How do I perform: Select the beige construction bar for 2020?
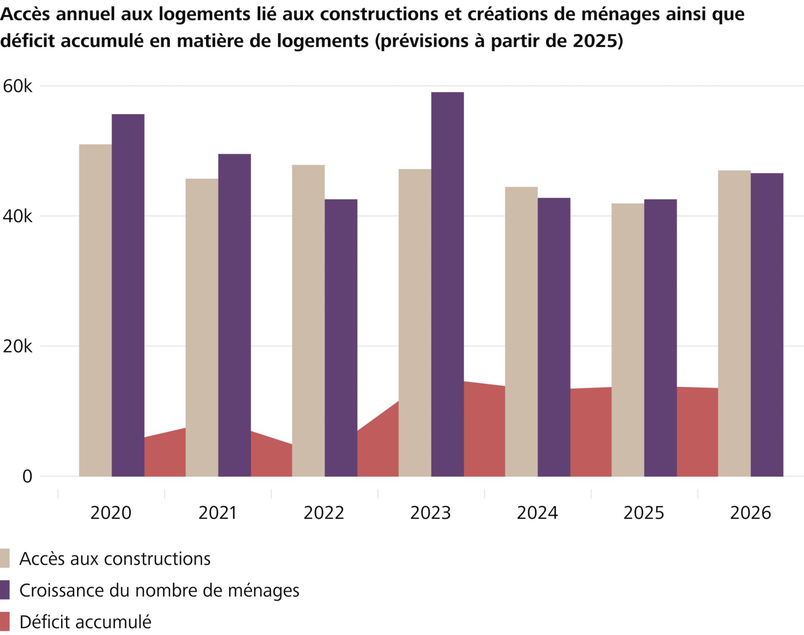(x=95, y=310)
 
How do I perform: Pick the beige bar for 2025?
(x=628, y=339)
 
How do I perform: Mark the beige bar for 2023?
(x=415, y=322)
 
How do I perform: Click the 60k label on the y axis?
(x=18, y=86)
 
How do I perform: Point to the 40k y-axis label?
(x=18, y=216)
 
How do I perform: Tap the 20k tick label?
(x=18, y=347)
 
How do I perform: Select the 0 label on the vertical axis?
(x=27, y=476)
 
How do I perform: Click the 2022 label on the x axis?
(x=324, y=513)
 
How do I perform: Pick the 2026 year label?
(x=750, y=513)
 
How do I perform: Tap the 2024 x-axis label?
(x=537, y=513)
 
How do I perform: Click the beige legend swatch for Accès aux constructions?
(x=5, y=558)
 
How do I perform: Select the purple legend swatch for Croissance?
(x=5, y=590)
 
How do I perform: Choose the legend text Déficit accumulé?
(x=85, y=622)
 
